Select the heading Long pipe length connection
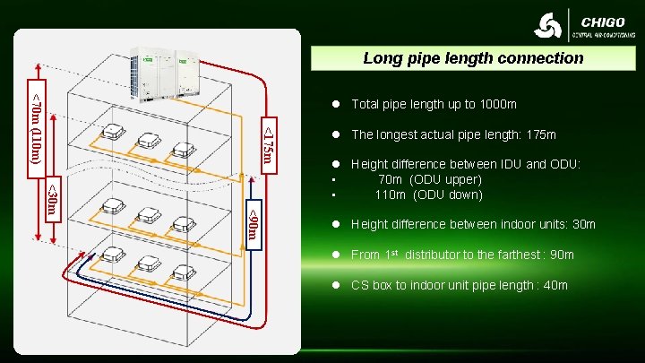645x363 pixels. click(473, 58)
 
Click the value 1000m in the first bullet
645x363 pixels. click(499, 104)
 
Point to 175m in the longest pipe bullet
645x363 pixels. click(538, 134)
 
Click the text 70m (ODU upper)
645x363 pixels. click(430, 179)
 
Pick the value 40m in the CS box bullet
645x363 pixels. click(555, 286)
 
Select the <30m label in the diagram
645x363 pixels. click(52, 202)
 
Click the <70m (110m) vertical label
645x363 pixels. click(36, 125)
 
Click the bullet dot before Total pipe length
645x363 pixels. click(335, 105)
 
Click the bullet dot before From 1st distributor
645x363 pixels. click(335, 255)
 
